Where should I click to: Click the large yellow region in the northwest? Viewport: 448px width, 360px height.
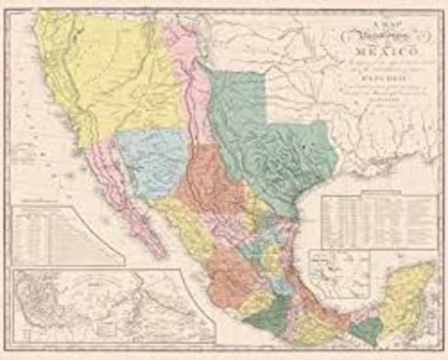pyautogui.click(x=120, y=75)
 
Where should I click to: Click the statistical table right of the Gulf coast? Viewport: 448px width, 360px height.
pyautogui.click(x=378, y=222)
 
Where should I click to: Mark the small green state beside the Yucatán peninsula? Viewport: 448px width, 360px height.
pyautogui.click(x=365, y=328)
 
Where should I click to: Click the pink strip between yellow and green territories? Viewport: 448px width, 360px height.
pyautogui.click(x=184, y=75)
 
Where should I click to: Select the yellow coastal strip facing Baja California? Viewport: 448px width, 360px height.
pyautogui.click(x=180, y=225)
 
